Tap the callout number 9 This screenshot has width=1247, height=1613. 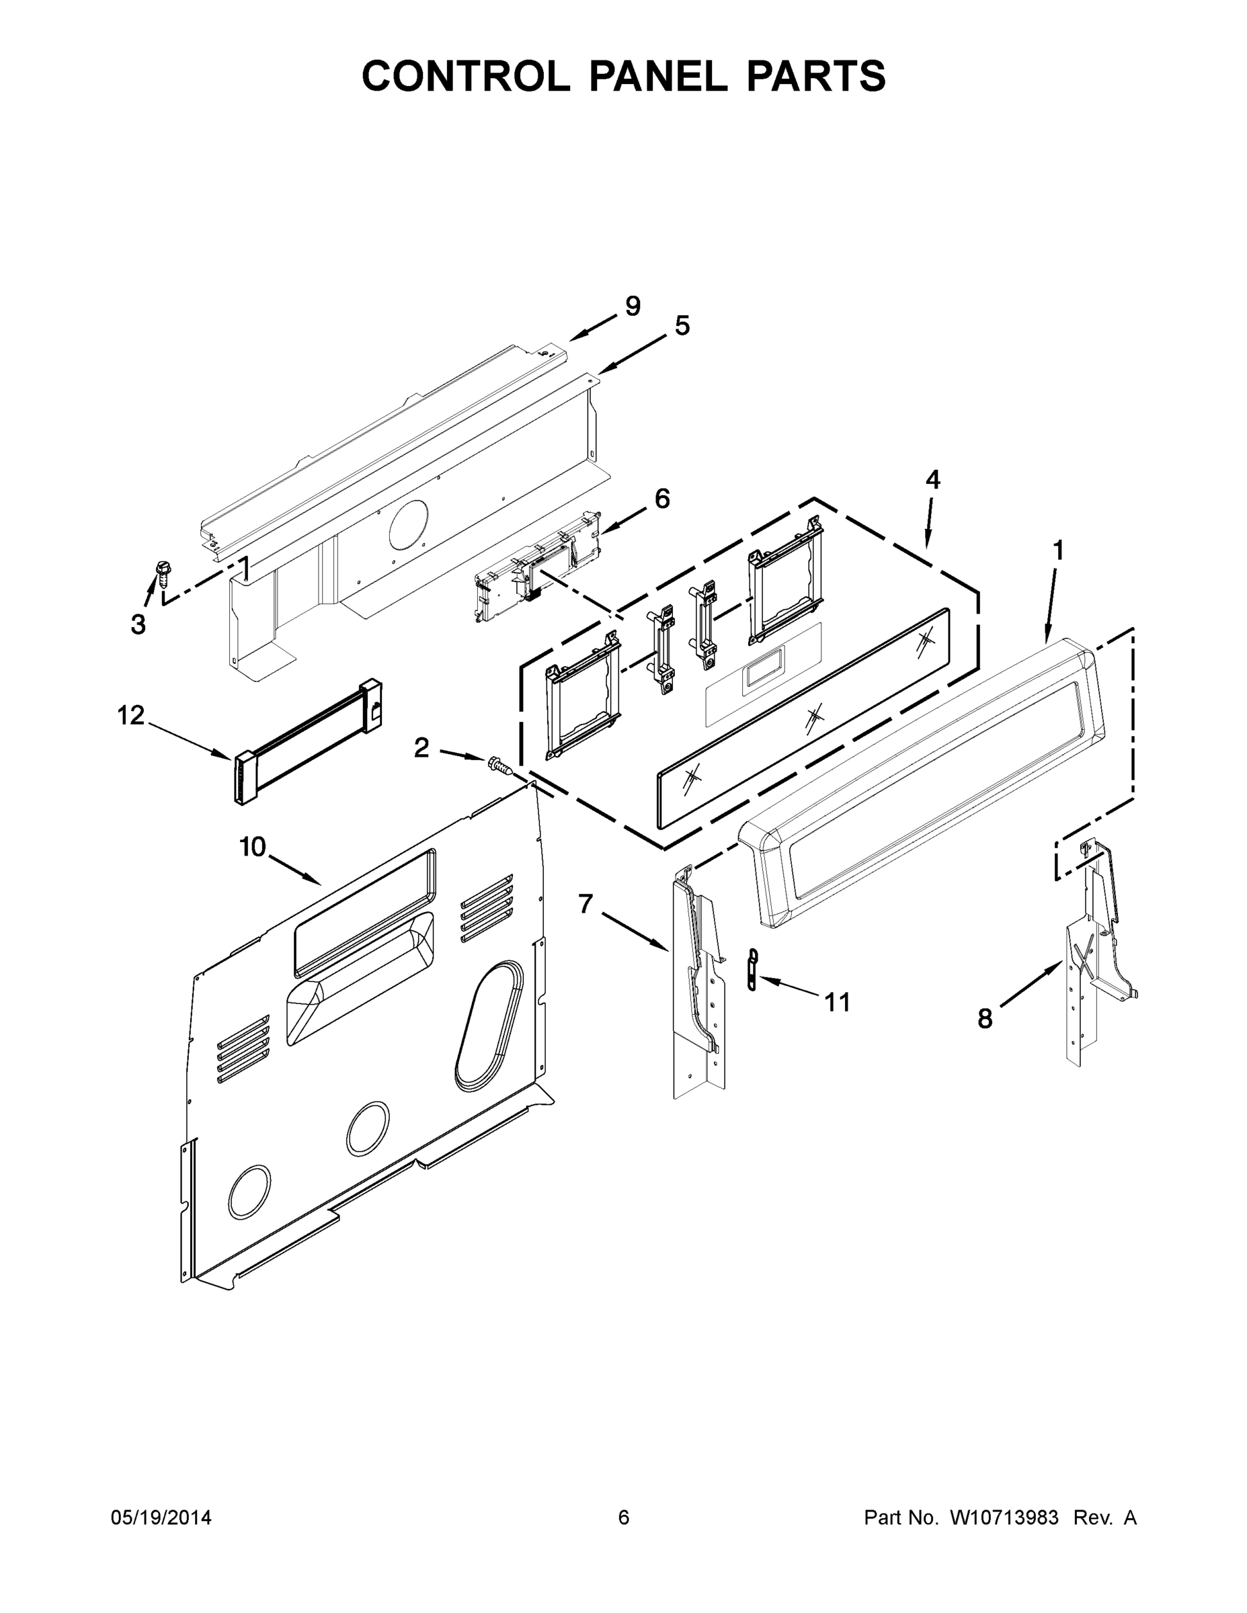pyautogui.click(x=633, y=306)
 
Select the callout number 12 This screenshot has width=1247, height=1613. pyautogui.click(x=131, y=715)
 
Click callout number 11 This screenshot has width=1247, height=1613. pyautogui.click(x=837, y=1002)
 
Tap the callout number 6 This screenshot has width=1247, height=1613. pyautogui.click(x=662, y=499)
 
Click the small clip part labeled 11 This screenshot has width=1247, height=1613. pyautogui.click(x=753, y=970)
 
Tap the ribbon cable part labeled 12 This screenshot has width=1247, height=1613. pyautogui.click(x=309, y=741)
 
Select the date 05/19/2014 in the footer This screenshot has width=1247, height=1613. pyautogui.click(x=161, y=1517)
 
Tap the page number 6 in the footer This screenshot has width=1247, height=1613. pyautogui.click(x=624, y=1517)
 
